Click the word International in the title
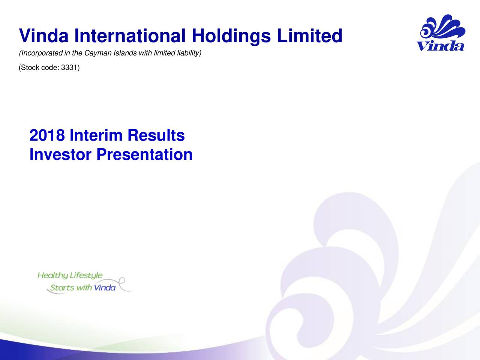click(130, 36)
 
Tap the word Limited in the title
click(310, 36)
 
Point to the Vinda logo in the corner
click(441, 33)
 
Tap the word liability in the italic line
click(189, 53)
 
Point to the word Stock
click(29, 67)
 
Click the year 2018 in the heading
click(47, 135)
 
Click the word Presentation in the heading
click(144, 154)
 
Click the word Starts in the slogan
click(62, 288)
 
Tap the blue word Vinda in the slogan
click(105, 288)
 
